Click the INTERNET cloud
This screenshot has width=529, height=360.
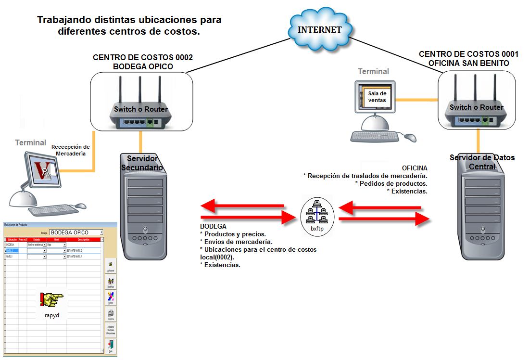click(x=319, y=29)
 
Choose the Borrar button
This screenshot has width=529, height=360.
click(x=111, y=298)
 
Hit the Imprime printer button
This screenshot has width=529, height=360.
click(x=111, y=315)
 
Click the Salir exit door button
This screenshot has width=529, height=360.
click(x=111, y=346)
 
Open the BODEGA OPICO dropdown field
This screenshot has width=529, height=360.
click(x=76, y=232)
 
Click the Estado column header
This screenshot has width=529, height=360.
click(x=37, y=239)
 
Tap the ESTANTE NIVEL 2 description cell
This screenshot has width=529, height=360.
click(x=84, y=251)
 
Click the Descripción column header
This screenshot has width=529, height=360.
click(x=84, y=239)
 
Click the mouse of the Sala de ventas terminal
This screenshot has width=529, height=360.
click(x=410, y=138)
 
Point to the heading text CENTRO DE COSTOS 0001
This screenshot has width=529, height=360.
click(x=469, y=54)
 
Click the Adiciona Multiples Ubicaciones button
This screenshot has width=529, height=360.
click(x=111, y=330)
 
